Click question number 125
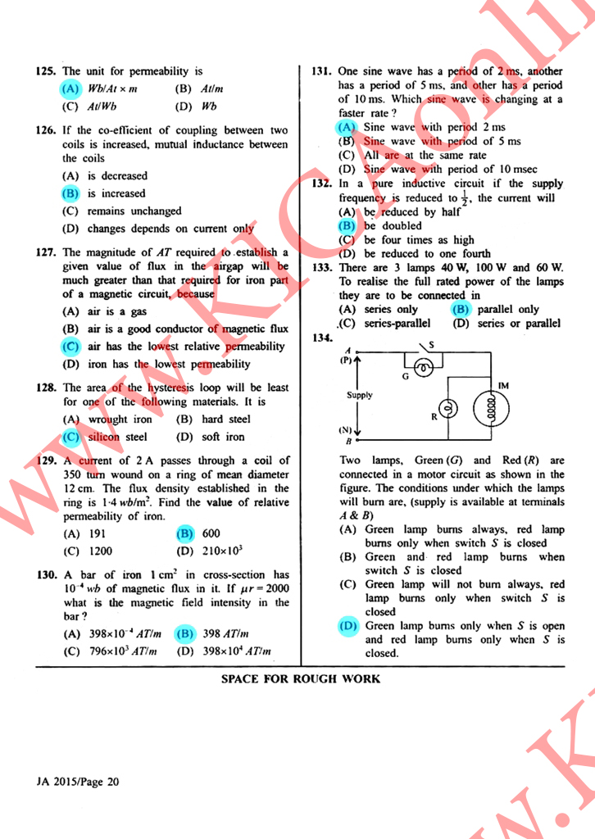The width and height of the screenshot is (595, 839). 48,72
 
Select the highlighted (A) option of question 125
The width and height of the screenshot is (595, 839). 70,88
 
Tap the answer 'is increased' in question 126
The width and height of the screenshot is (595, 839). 116,193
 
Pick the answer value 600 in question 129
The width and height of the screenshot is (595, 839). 211,533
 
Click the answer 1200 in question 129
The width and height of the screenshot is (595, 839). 100,551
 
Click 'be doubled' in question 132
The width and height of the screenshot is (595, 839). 393,225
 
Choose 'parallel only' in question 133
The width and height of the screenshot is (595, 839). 507,310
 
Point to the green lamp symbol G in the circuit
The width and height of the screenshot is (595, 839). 423,369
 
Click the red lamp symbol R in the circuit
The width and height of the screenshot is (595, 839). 447,407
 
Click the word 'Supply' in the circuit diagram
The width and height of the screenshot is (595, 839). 359,395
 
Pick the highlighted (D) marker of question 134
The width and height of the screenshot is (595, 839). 347,625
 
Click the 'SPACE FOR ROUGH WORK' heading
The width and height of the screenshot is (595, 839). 301,678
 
